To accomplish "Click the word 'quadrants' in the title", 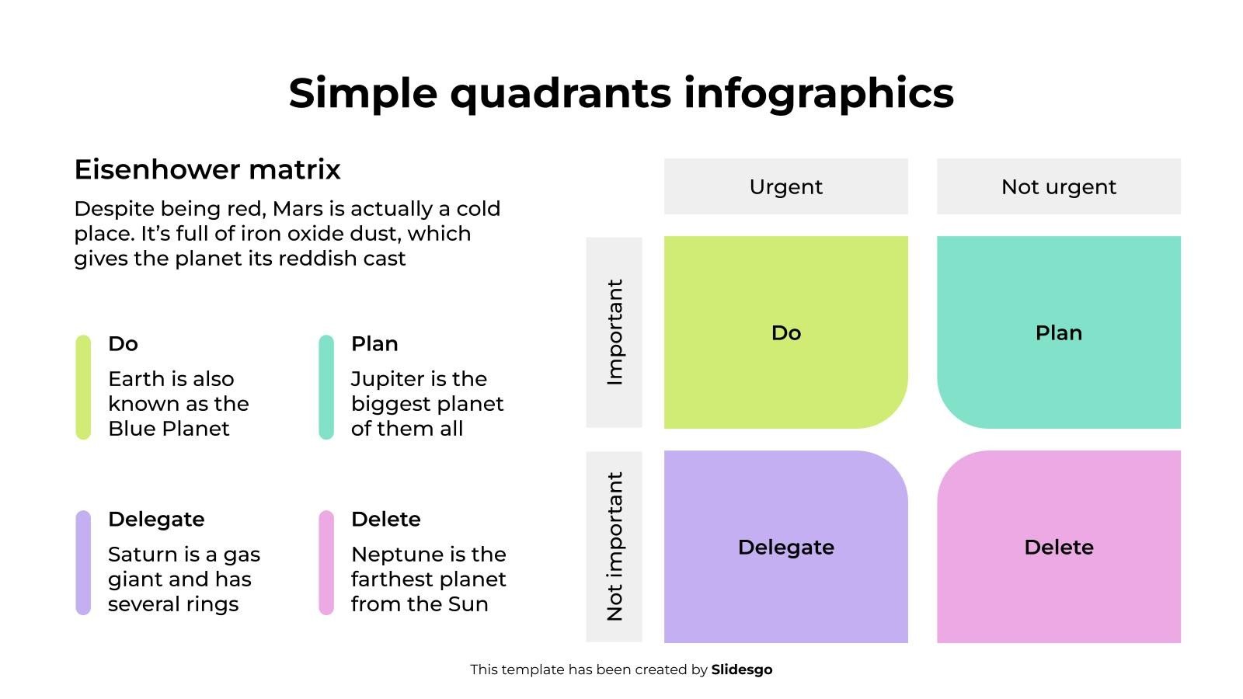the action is click(560, 94).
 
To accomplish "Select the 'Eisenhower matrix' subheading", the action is click(207, 170).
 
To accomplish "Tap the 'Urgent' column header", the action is click(785, 187).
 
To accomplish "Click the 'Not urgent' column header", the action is click(1058, 187).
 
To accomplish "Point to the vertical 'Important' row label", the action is click(615, 332).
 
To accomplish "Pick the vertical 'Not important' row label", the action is click(615, 547).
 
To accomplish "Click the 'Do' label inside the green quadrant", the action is click(785, 333).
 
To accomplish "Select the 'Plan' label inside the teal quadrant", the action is click(1058, 333).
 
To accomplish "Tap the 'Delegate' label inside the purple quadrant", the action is click(785, 548).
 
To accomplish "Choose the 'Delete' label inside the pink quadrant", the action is click(1058, 548).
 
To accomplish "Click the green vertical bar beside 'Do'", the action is click(83, 388).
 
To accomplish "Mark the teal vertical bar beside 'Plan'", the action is click(326, 388).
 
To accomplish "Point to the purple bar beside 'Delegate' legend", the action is click(83, 562).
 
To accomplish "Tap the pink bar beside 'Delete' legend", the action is click(326, 562).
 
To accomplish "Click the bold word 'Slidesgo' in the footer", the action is click(741, 670).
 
